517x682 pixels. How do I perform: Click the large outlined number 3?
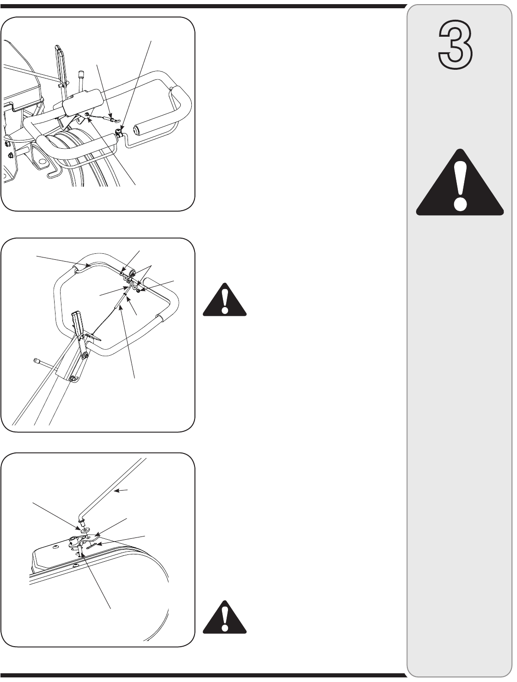tap(456, 45)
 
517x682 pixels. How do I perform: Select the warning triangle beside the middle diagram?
tap(224, 300)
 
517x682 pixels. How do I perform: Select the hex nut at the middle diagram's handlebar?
tap(139, 291)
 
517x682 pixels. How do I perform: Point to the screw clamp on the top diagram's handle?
tap(119, 133)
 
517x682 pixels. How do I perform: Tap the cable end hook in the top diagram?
tap(113, 118)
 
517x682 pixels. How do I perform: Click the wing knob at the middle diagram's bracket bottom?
tap(74, 379)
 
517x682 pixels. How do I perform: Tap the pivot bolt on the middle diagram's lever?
tap(85, 354)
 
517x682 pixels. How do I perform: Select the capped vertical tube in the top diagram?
tap(82, 81)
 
